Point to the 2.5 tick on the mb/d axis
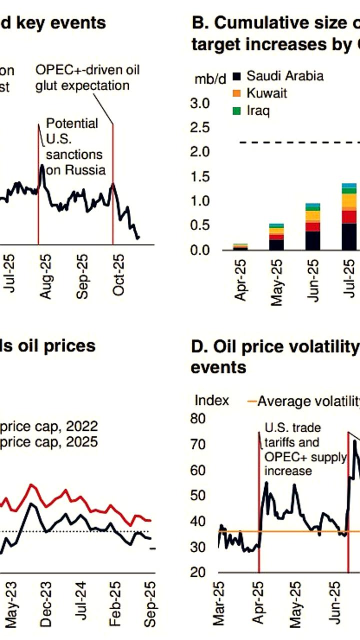200,128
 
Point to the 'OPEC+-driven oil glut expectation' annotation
87,77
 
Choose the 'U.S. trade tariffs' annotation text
292,434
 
